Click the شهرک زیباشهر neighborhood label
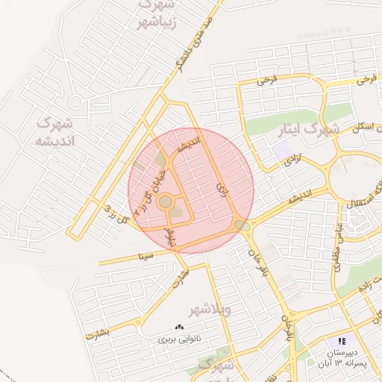pos(156,14)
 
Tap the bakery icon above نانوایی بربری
pos(179,327)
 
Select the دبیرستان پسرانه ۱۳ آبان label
pos(345,357)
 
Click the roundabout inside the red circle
pos(165,201)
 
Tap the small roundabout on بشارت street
pos(140,322)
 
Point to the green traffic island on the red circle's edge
pos(239,225)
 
